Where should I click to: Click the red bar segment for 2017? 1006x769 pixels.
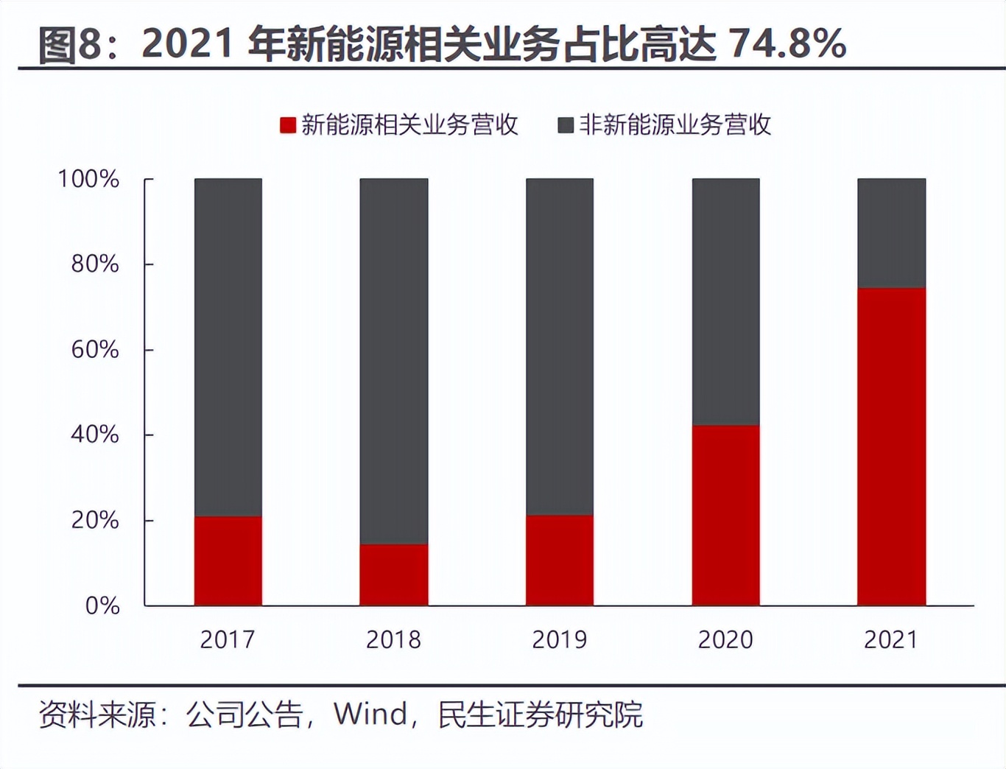[x=228, y=561]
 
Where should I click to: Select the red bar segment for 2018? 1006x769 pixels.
[x=394, y=575]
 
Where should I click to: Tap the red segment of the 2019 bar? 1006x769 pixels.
[x=560, y=561]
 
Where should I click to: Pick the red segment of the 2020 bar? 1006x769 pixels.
[x=725, y=516]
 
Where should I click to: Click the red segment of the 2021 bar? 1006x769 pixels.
[x=891, y=447]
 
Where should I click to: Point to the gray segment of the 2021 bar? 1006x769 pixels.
[x=891, y=233]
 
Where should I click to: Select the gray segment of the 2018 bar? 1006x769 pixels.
[x=394, y=361]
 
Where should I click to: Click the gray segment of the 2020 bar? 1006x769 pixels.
[x=725, y=302]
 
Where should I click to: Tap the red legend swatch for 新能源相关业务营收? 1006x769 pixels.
[x=288, y=125]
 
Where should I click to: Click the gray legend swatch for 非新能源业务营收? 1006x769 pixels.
[x=566, y=125]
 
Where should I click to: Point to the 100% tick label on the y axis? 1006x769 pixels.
[x=88, y=179]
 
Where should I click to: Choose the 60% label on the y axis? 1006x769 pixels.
[x=95, y=349]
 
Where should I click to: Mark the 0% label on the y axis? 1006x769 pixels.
[x=102, y=605]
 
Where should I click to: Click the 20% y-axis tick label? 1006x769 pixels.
[x=95, y=520]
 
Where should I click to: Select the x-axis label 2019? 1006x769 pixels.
[x=560, y=639]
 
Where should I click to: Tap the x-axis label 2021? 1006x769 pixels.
[x=891, y=639]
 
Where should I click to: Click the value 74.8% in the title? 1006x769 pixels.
[x=787, y=43]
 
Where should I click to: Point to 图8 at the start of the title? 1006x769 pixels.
[x=68, y=43]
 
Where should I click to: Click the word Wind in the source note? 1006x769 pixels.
[x=370, y=714]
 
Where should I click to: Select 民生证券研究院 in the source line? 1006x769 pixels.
[x=540, y=714]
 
